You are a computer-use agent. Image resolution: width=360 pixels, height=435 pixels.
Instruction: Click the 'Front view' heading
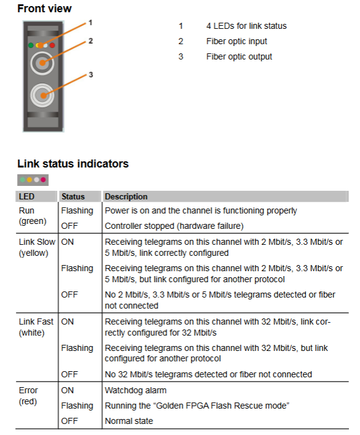pyautogui.click(x=44, y=9)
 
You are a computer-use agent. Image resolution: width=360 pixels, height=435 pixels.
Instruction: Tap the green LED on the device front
pyautogui.click(x=31, y=45)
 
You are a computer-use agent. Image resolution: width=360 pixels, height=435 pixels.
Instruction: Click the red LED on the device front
pyautogui.click(x=52, y=45)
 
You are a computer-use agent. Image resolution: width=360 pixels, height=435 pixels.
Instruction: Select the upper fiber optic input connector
pyautogui.click(x=42, y=63)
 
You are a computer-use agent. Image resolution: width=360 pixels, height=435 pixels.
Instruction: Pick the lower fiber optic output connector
pyautogui.click(x=42, y=96)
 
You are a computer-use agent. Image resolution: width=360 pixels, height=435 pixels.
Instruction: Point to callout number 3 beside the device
pyautogui.click(x=91, y=75)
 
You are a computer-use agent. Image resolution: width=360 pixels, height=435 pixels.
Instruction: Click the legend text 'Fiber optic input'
pyautogui.click(x=237, y=41)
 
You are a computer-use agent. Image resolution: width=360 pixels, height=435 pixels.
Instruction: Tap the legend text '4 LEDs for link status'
pyautogui.click(x=247, y=26)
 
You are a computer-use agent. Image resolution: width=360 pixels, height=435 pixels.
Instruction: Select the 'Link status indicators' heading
pyautogui.click(x=73, y=164)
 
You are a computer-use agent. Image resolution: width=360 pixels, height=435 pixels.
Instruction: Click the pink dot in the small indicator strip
pyautogui.click(x=44, y=180)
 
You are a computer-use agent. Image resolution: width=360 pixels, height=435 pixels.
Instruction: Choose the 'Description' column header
pyautogui.click(x=126, y=196)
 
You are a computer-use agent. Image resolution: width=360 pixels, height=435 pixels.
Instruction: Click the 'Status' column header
pyautogui.click(x=73, y=196)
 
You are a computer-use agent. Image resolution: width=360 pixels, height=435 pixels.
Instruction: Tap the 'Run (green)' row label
pyautogui.click(x=33, y=216)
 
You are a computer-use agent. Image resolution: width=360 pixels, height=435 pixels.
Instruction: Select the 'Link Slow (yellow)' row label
pyautogui.click(x=37, y=247)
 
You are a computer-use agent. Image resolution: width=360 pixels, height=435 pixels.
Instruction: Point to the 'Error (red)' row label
pyautogui.click(x=28, y=396)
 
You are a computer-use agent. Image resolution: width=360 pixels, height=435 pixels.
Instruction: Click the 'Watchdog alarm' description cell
pyautogui.click(x=136, y=390)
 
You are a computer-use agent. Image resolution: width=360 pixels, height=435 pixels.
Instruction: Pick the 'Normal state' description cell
pyautogui.click(x=129, y=421)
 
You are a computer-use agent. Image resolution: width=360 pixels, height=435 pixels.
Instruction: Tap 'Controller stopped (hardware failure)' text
pyautogui.click(x=174, y=226)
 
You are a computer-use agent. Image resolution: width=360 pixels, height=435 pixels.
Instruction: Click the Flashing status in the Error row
pyautogui.click(x=77, y=406)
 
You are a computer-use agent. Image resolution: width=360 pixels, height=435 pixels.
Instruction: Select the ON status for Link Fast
pyautogui.click(x=67, y=321)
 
